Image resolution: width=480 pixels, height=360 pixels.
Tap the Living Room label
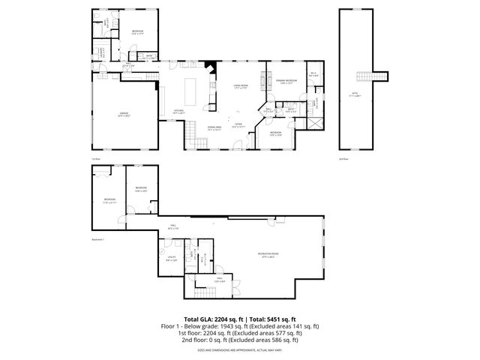click(x=240, y=87)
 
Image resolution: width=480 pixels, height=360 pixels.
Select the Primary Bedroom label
click(x=286, y=82)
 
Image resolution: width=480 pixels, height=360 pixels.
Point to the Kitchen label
click(x=179, y=112)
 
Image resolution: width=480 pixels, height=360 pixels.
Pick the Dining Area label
click(x=215, y=128)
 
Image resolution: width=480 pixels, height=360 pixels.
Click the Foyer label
click(x=238, y=125)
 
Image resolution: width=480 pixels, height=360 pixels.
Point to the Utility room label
click(x=172, y=259)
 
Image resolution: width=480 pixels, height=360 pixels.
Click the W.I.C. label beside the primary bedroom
click(x=313, y=74)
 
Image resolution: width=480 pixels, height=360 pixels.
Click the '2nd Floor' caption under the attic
click(x=345, y=160)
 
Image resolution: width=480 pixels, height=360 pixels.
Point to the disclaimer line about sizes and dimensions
click(x=240, y=350)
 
